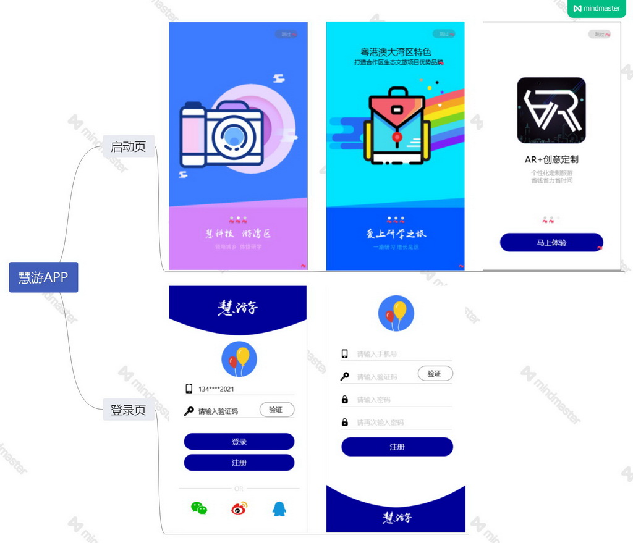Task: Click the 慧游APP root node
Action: coord(43,277)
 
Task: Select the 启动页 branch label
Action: coord(128,146)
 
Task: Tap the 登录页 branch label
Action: coord(128,410)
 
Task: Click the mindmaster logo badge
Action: coord(597,9)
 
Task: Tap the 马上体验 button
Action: coord(551,243)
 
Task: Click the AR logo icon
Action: coord(551,110)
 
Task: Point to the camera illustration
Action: coord(223,134)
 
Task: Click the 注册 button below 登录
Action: coord(239,463)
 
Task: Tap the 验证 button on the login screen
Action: coord(276,410)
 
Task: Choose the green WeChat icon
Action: coord(198,508)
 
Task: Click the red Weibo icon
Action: coord(239,508)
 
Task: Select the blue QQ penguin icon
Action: coord(279,508)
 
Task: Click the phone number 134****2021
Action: coord(216,389)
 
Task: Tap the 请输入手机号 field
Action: coord(396,354)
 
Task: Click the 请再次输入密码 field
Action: coord(396,423)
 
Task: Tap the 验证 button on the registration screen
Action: coord(435,373)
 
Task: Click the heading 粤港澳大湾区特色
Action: coord(396,52)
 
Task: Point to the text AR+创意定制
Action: coord(551,159)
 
